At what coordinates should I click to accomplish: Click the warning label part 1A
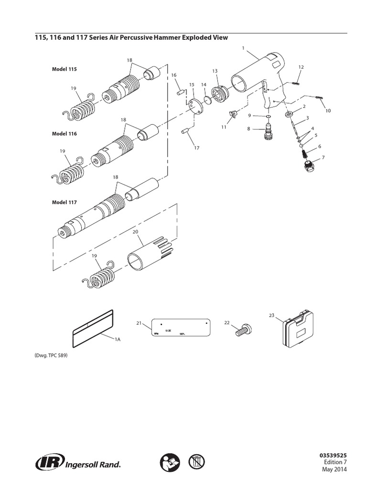point(93,329)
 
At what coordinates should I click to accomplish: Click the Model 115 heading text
point(64,69)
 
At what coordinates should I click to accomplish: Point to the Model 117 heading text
point(64,202)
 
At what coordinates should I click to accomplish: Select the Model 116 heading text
point(64,134)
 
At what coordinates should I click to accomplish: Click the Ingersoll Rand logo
point(78,462)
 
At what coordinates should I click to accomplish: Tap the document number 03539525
point(333,455)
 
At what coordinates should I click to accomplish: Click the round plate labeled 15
point(195,105)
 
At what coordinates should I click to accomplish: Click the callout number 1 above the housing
point(243,48)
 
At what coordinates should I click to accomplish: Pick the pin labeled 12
point(297,82)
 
